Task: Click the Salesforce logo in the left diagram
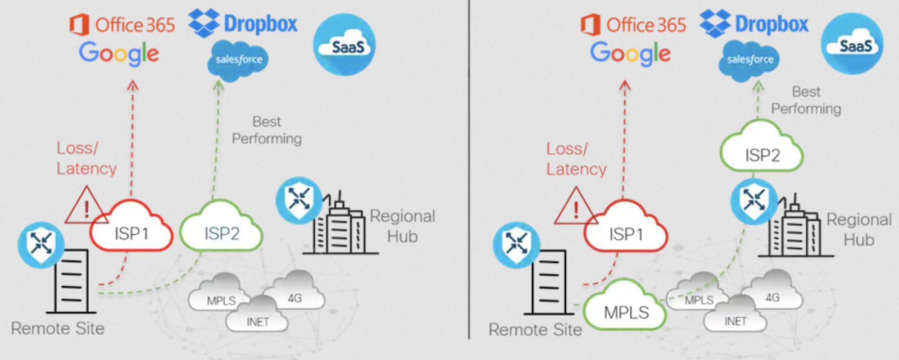pyautogui.click(x=238, y=60)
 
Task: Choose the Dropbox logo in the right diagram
pyautogui.click(x=754, y=24)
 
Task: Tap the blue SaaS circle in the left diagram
pyautogui.click(x=344, y=45)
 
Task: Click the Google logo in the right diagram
pyautogui.click(x=630, y=53)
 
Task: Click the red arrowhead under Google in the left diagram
pyautogui.click(x=133, y=85)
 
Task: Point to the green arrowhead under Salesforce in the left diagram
pyautogui.click(x=219, y=85)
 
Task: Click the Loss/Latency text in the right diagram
pyautogui.click(x=576, y=159)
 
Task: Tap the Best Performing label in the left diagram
pyautogui.click(x=267, y=130)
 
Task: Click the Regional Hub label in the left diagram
pyautogui.click(x=402, y=226)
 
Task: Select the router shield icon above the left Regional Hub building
pyautogui.click(x=299, y=199)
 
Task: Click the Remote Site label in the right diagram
pyautogui.click(x=535, y=330)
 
